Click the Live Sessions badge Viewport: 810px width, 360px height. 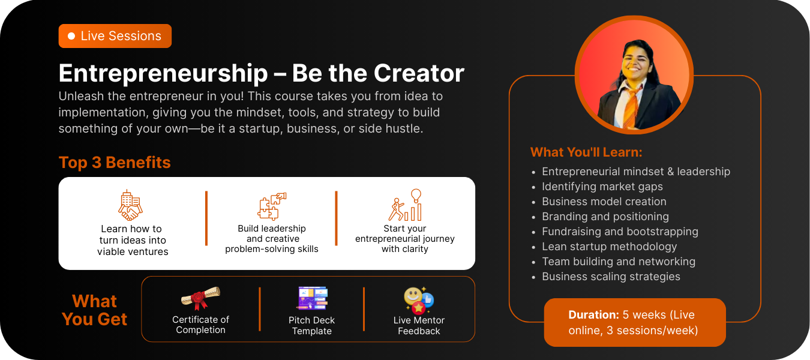115,36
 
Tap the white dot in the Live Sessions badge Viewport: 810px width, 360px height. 71,36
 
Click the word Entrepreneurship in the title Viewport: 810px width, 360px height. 163,74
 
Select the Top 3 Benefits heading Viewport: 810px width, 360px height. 115,163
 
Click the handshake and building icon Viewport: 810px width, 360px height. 130,205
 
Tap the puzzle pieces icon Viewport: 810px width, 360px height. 272,206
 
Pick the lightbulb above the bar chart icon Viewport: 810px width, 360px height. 416,196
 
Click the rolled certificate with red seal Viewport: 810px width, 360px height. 200,298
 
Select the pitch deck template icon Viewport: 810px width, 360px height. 312,298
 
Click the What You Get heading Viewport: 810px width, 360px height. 94,310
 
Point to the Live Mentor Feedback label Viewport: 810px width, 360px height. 419,325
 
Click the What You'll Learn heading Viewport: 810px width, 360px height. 586,152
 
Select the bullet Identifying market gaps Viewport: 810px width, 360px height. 602,187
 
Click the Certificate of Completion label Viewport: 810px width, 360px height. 200,325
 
